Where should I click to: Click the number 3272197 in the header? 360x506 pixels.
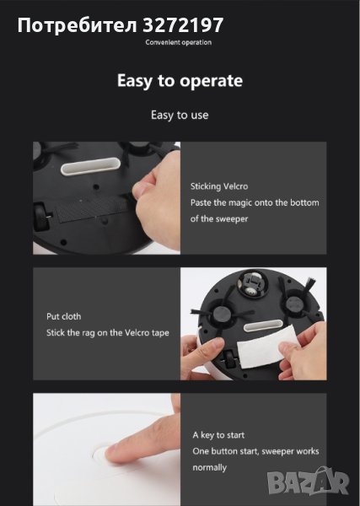[x=183, y=24]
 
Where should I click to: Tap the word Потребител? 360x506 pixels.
[x=78, y=25]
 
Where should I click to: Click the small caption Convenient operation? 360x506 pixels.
[x=179, y=42]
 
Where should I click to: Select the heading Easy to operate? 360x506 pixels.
[x=180, y=81]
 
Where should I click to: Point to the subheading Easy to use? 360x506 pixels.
[x=180, y=116]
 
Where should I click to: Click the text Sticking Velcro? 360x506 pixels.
[x=219, y=186]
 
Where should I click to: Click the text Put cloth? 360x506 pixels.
[x=63, y=316]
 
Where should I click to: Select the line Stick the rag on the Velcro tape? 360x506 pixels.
[x=108, y=333]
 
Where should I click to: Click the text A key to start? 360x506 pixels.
[x=218, y=435]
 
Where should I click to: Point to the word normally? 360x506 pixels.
[x=210, y=467]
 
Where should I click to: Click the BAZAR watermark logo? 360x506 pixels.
[x=309, y=481]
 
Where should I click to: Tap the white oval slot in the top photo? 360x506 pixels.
[x=91, y=166]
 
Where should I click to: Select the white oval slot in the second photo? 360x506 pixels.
[x=264, y=326]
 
